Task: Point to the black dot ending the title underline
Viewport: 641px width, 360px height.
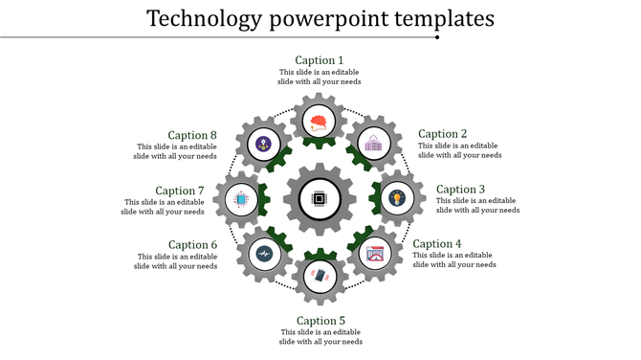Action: tap(437, 38)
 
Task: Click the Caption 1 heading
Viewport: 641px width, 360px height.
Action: tap(320, 60)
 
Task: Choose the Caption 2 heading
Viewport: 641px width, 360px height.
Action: tap(443, 134)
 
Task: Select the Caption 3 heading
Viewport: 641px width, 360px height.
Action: tap(461, 190)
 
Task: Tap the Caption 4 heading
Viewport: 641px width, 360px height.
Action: tap(437, 244)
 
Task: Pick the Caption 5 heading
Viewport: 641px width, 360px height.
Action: tap(320, 321)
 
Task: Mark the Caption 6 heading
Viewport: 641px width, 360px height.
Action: tap(193, 245)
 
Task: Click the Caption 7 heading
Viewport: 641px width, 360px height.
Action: tap(180, 191)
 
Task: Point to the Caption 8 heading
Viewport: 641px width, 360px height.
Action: tap(193, 135)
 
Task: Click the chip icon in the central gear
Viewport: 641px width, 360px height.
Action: tap(320, 200)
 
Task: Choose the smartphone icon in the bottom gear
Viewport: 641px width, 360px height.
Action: tap(320, 276)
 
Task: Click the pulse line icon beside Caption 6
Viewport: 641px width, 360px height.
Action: tap(263, 254)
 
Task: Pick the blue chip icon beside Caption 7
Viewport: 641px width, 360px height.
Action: tap(240, 199)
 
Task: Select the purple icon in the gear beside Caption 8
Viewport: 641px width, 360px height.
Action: tap(263, 144)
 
